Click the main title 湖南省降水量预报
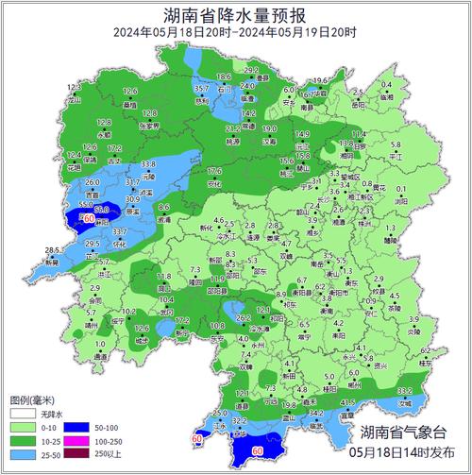235,14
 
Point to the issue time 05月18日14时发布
405,454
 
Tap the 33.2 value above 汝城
404,391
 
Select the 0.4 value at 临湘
386,85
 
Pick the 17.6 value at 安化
214,171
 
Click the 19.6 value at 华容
322,81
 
